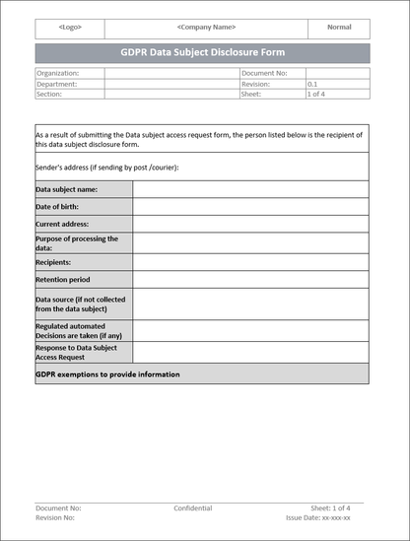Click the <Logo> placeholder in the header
(70, 28)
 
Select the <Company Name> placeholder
(206, 28)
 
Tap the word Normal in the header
(339, 28)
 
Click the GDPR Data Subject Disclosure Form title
(203, 52)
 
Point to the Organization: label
(57, 73)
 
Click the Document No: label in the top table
(266, 73)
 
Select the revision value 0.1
(312, 84)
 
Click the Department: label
(56, 84)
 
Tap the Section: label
(49, 95)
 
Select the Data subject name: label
(67, 189)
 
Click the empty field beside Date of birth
(250, 207)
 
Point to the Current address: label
(63, 225)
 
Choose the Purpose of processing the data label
(77, 243)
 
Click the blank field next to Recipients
(250, 263)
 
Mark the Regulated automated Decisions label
(70, 330)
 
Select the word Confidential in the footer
(193, 508)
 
